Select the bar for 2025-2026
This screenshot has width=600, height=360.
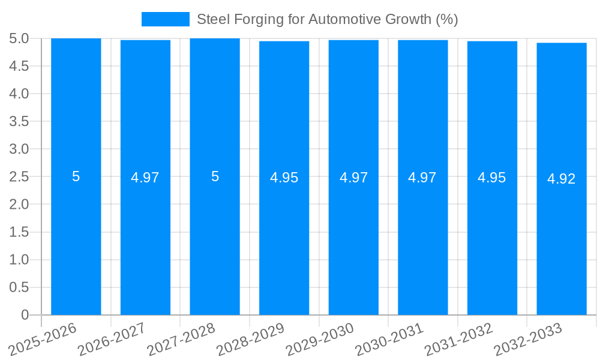tap(76, 240)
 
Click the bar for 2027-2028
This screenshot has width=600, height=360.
tap(215, 240)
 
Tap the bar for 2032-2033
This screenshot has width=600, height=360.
tap(562, 240)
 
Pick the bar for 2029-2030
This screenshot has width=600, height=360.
tap(353, 240)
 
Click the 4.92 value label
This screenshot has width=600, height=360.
tap(562, 179)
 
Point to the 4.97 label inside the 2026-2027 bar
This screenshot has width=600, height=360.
tap(145, 178)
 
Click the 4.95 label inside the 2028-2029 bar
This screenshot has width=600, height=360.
tap(284, 178)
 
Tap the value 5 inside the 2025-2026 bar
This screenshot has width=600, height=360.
tap(76, 177)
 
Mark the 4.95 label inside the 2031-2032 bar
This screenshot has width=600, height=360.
tap(492, 178)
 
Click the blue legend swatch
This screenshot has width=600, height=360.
tap(165, 19)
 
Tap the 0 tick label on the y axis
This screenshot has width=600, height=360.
tap(25, 315)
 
